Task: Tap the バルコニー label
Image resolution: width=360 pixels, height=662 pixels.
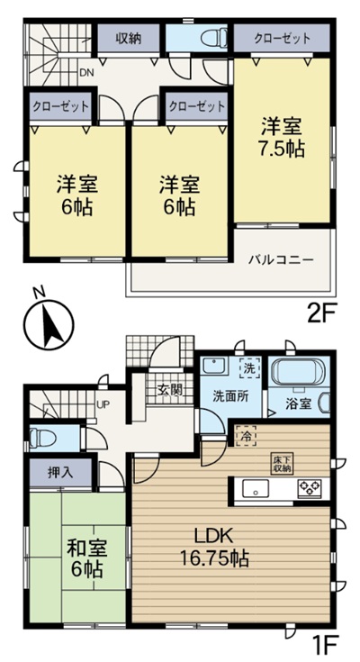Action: (281, 258)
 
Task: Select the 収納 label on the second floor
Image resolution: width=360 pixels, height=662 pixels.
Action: (128, 39)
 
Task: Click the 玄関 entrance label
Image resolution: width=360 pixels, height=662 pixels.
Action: (170, 390)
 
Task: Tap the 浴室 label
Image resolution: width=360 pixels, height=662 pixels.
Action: (300, 403)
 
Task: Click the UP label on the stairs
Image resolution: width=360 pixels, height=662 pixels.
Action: (104, 405)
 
